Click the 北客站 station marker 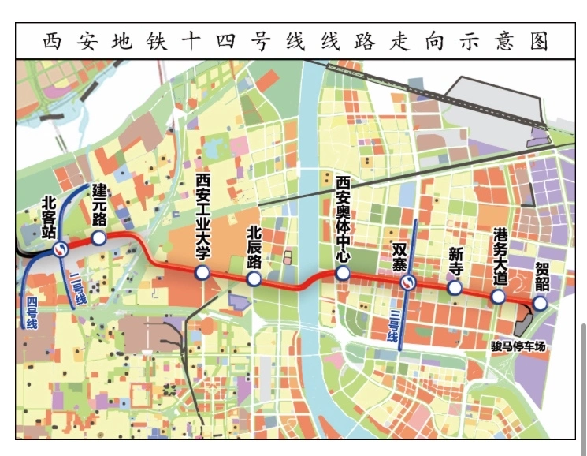[x=60, y=250]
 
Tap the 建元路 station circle [x=99, y=237]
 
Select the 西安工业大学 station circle [x=202, y=273]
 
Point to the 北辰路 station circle [x=254, y=279]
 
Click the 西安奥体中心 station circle [x=342, y=273]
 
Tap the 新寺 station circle [x=455, y=288]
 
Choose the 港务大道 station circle [x=497, y=297]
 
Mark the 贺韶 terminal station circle [x=540, y=303]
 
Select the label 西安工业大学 [x=202, y=217]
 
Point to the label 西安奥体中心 [x=342, y=219]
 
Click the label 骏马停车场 [x=518, y=346]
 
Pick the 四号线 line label [x=32, y=312]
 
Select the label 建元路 [x=99, y=204]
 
